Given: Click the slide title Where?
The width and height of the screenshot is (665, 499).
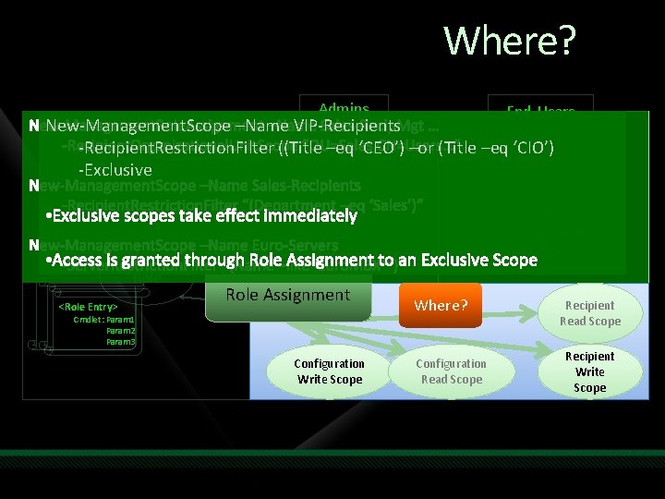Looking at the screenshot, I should [510, 42].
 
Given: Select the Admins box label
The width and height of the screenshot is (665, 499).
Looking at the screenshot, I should [344, 108].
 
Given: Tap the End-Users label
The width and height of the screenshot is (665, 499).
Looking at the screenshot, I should [540, 111].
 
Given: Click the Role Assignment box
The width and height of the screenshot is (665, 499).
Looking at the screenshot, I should [288, 295].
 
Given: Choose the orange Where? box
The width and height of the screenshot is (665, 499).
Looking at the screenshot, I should [441, 305].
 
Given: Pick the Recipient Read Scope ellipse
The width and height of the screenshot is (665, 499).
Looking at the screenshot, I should [589, 313].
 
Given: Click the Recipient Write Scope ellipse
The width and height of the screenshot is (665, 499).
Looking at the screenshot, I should [589, 371].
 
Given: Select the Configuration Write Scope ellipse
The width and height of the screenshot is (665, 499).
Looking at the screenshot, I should [330, 371].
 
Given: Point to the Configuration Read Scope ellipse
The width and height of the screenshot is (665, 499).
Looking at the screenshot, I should [452, 371].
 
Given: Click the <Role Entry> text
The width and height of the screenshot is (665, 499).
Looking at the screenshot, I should [88, 306].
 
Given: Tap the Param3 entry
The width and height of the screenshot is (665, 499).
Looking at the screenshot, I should [121, 342].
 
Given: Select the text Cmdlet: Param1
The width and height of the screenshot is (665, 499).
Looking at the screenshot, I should [104, 319].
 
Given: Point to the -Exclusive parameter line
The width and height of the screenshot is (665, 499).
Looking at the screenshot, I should [115, 170].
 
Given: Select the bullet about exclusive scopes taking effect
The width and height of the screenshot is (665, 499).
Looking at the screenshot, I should [200, 216].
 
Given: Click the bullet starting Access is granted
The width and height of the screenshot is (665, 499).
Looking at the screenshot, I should [291, 261].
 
